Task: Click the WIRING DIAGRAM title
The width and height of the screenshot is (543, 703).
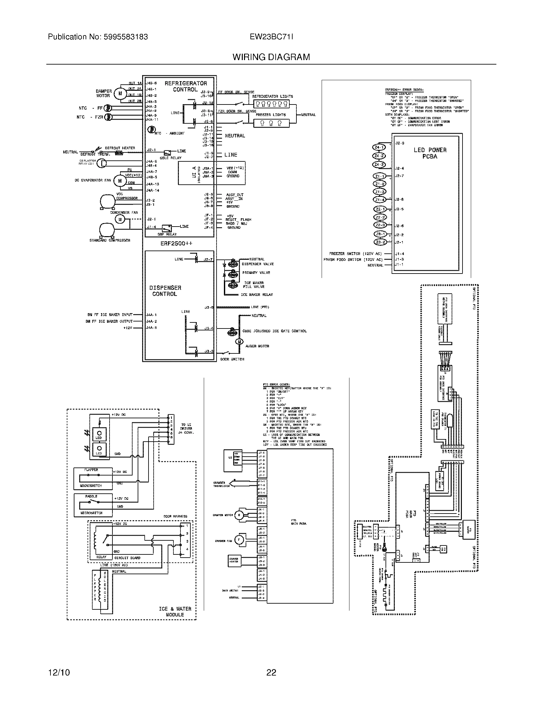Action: coord(271,57)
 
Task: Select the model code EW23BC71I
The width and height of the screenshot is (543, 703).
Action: coord(271,37)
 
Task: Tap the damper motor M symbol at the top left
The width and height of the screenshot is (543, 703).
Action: coord(120,93)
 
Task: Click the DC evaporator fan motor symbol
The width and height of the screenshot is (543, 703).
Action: coord(120,181)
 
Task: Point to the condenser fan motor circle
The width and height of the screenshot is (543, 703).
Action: coord(120,219)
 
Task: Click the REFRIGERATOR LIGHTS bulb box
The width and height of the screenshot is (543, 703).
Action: coord(271,104)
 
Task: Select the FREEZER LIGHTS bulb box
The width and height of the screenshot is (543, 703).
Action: coord(271,123)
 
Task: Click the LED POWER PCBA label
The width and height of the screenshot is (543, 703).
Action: coord(430,153)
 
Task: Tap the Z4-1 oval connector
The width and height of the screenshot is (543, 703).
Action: coord(379,147)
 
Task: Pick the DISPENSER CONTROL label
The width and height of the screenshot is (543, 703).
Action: coord(165,291)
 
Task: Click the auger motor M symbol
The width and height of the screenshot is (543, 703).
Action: coord(239,342)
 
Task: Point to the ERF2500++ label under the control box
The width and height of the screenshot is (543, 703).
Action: coord(176,244)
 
